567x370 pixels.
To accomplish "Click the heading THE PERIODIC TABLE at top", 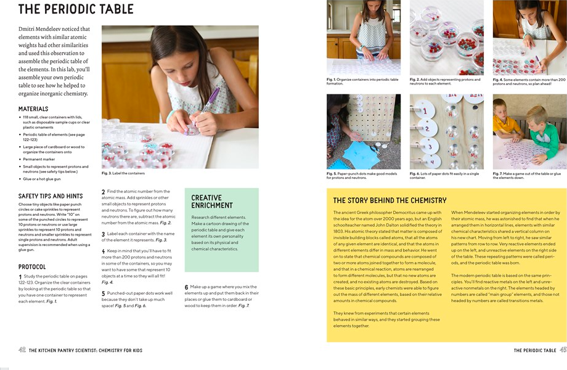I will click(x=76, y=9).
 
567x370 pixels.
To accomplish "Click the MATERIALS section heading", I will click(x=33, y=109).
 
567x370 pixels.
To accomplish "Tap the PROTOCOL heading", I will click(x=32, y=267).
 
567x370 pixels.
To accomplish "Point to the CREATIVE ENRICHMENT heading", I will click(x=212, y=202).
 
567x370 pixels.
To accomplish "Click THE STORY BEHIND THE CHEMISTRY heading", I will click(x=390, y=200).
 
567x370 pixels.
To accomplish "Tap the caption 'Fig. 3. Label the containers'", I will click(x=123, y=173).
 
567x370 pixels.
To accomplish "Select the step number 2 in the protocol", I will click(x=104, y=192).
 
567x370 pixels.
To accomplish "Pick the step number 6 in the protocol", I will click(x=187, y=287).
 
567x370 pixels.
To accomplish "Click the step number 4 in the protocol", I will click(x=104, y=252).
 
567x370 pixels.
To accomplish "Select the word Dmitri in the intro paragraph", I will click(x=30, y=29).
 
